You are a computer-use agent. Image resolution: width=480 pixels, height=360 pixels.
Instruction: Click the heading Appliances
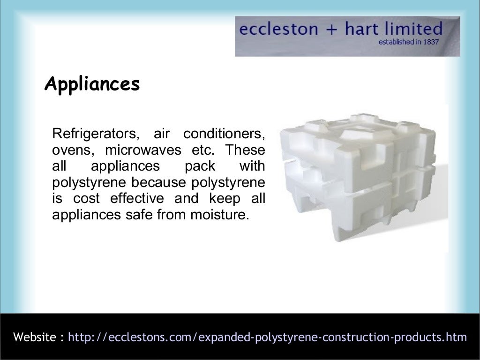pyautogui.click(x=92, y=84)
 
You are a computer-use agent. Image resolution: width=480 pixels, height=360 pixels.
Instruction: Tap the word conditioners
pyautogui.click(x=224, y=134)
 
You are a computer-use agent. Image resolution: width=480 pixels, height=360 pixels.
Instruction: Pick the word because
pyautogui.click(x=153, y=183)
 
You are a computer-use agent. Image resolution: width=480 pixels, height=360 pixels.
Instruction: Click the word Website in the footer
pyautogui.click(x=35, y=337)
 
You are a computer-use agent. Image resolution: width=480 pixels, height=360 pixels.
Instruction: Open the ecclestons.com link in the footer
pyautogui.click(x=268, y=337)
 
